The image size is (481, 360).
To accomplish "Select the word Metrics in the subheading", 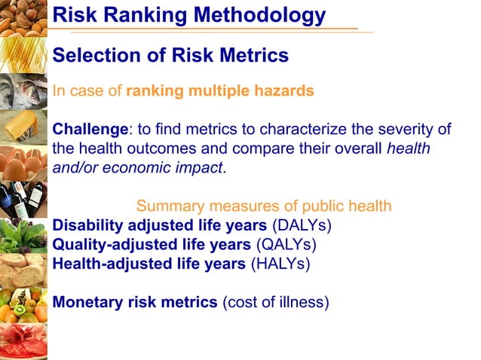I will pyautogui.click(x=253, y=56).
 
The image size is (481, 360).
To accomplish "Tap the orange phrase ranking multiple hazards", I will pyautogui.click(x=220, y=92).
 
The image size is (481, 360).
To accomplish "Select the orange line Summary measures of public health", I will pyautogui.click(x=264, y=206).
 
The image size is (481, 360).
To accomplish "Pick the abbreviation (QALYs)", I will pyautogui.click(x=286, y=245).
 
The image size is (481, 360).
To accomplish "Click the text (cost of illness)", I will pyautogui.click(x=276, y=303).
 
